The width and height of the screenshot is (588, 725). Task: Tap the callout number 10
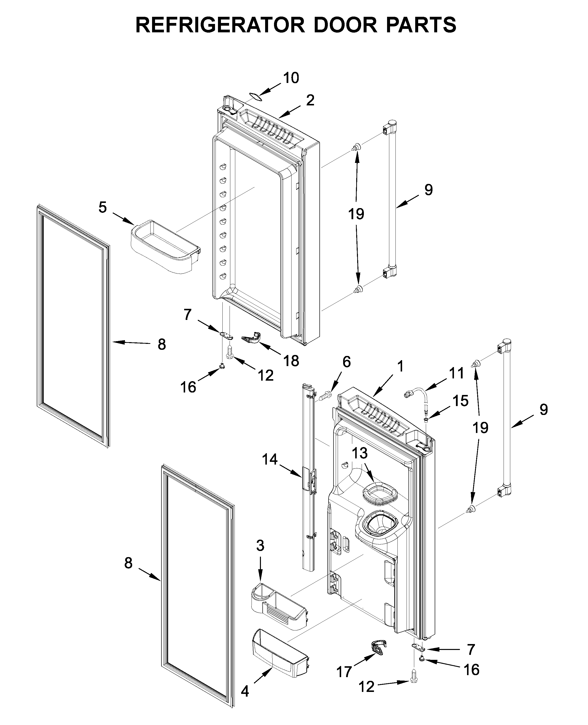291,78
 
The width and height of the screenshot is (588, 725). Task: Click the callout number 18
291,361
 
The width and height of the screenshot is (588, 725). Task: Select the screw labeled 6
326,395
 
